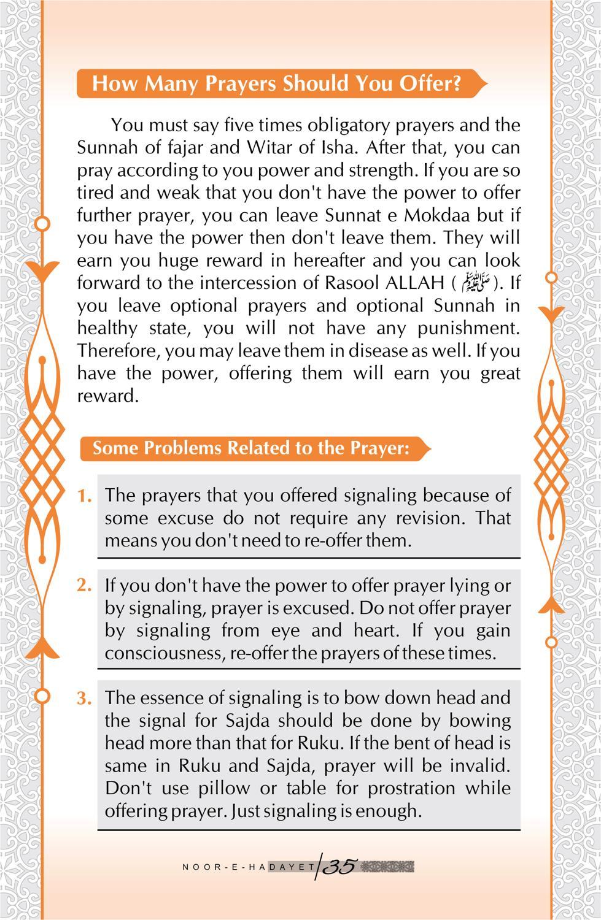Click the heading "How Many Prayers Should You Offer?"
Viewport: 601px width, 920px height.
pos(276,83)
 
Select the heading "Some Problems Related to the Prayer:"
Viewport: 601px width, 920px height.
pos(250,448)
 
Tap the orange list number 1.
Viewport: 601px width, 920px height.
pos(85,496)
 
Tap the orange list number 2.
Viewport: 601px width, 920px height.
pos(85,586)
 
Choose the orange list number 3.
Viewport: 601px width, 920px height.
pos(85,698)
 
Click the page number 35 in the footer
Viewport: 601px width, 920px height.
pos(339,867)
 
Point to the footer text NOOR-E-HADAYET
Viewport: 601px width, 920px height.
pos(249,867)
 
